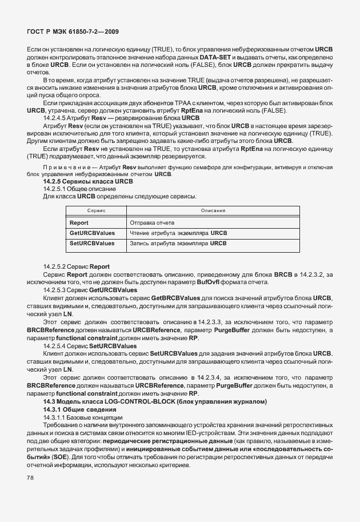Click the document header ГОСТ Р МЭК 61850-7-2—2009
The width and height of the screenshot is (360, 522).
click(x=73, y=31)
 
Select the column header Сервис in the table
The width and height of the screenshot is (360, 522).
click(x=94, y=211)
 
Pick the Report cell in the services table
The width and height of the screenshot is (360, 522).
click(x=78, y=222)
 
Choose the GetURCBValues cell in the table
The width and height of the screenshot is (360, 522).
click(x=92, y=233)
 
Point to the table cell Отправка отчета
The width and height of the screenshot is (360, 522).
click(x=152, y=222)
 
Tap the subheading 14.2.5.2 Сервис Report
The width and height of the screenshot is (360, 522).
click(x=76, y=267)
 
